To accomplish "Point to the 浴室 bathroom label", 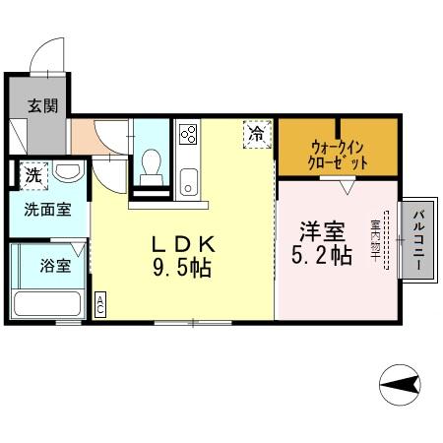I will point(56,265).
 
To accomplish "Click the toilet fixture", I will point(152,165).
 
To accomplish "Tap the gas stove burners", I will point(188,135).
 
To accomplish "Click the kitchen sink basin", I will point(188,180).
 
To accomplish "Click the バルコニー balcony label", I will point(418,239).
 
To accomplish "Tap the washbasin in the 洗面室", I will point(68,173).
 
